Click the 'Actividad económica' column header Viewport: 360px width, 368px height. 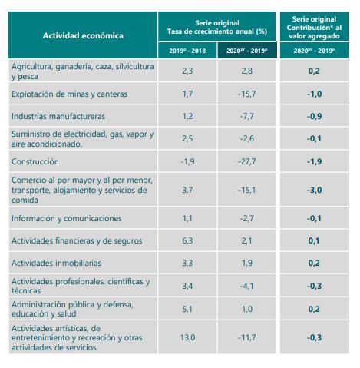click(83, 35)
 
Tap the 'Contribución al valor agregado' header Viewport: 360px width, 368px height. click(314, 27)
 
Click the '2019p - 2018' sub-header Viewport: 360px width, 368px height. click(187, 50)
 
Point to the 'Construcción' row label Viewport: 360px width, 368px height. click(36, 161)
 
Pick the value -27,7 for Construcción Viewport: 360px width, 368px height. click(247, 161)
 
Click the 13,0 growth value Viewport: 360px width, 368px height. click(187, 337)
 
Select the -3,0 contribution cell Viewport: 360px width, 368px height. click(314, 190)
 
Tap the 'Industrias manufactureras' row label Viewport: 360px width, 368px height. click(58, 116)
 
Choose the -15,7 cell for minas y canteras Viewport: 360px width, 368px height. click(247, 94)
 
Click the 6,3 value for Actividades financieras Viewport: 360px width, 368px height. click(187, 240)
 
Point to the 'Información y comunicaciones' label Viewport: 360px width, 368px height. click(66, 218)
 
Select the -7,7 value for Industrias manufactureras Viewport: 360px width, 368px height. click(247, 116)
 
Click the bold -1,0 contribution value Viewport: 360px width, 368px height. click(314, 94)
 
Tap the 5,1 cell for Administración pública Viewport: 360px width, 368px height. click(187, 309)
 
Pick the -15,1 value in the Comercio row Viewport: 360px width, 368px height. click(247, 190)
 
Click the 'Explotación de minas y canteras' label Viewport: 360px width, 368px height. click(69, 94)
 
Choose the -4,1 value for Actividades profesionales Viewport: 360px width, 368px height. click(247, 287)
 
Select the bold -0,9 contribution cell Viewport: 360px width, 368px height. click(314, 116)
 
